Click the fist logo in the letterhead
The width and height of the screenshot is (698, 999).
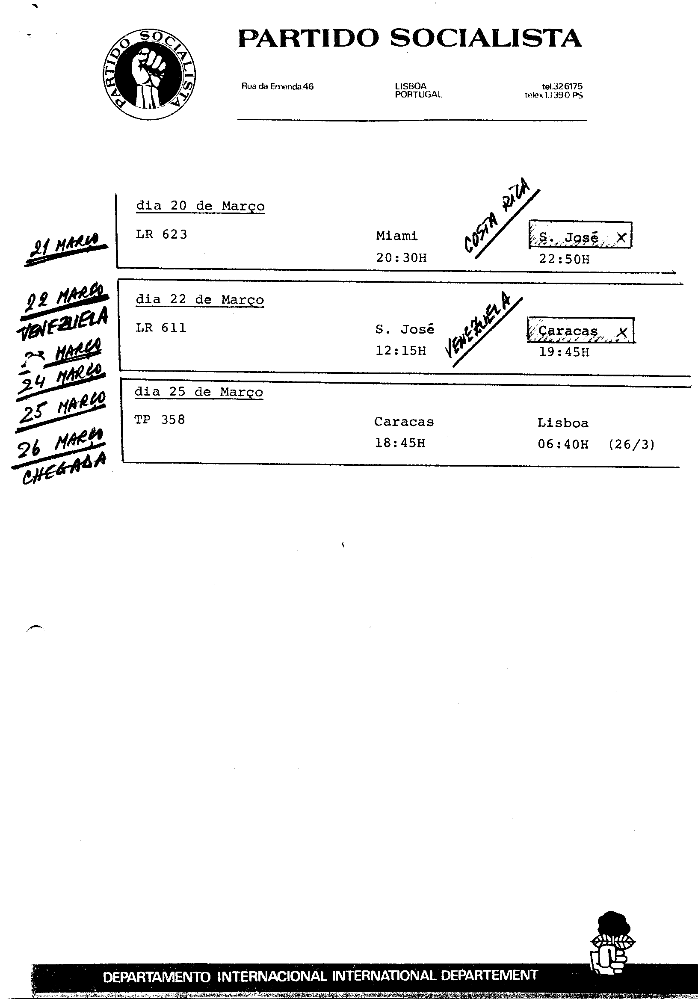(149, 74)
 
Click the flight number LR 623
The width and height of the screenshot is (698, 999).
(161, 234)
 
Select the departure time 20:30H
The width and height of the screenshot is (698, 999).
(401, 258)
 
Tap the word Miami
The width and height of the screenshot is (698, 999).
(396, 236)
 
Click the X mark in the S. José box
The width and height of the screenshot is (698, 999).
(621, 238)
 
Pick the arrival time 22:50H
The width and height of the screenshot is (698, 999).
(565, 259)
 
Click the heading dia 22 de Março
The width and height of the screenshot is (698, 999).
(200, 300)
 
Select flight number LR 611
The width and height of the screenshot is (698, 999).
(161, 328)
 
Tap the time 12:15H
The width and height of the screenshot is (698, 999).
(401, 351)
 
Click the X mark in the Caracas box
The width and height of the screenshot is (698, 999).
(623, 332)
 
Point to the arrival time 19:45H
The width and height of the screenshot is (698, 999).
(564, 352)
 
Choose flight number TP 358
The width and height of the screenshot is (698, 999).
(160, 420)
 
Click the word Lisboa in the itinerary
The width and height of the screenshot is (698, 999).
(563, 423)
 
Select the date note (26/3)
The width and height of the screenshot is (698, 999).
(631, 444)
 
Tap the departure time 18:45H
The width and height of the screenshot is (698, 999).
(400, 443)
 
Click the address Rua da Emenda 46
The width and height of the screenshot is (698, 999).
(277, 86)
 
